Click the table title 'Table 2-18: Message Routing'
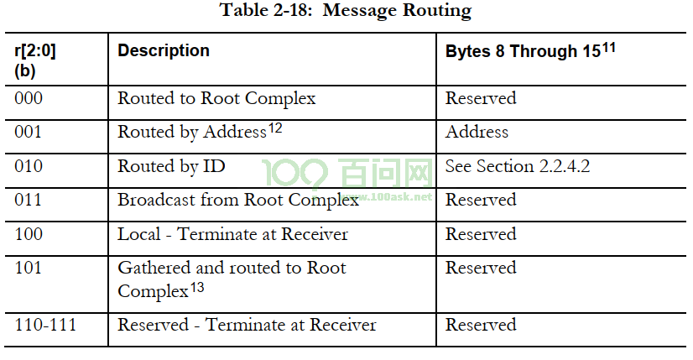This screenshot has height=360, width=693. [346, 11]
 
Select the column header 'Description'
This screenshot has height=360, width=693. [164, 50]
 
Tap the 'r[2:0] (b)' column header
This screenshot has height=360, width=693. [35, 60]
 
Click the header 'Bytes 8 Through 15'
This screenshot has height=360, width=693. [523, 51]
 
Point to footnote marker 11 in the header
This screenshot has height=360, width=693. [608, 47]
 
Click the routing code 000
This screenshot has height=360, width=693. [29, 98]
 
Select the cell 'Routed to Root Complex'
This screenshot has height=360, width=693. [216, 99]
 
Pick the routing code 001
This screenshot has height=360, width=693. [28, 132]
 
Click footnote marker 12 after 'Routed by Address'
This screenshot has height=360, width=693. [275, 128]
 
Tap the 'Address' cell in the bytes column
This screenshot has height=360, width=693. [477, 132]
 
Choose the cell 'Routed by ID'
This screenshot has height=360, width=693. [171, 166]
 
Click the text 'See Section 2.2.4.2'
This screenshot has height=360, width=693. [518, 166]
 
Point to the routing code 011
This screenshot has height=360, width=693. [28, 200]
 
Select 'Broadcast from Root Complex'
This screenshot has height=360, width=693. [238, 201]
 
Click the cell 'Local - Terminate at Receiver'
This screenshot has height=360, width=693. [232, 234]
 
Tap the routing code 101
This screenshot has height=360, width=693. [28, 268]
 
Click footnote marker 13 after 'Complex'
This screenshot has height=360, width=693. [197, 288]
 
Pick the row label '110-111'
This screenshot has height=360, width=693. [45, 325]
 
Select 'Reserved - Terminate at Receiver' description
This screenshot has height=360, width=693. [247, 325]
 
